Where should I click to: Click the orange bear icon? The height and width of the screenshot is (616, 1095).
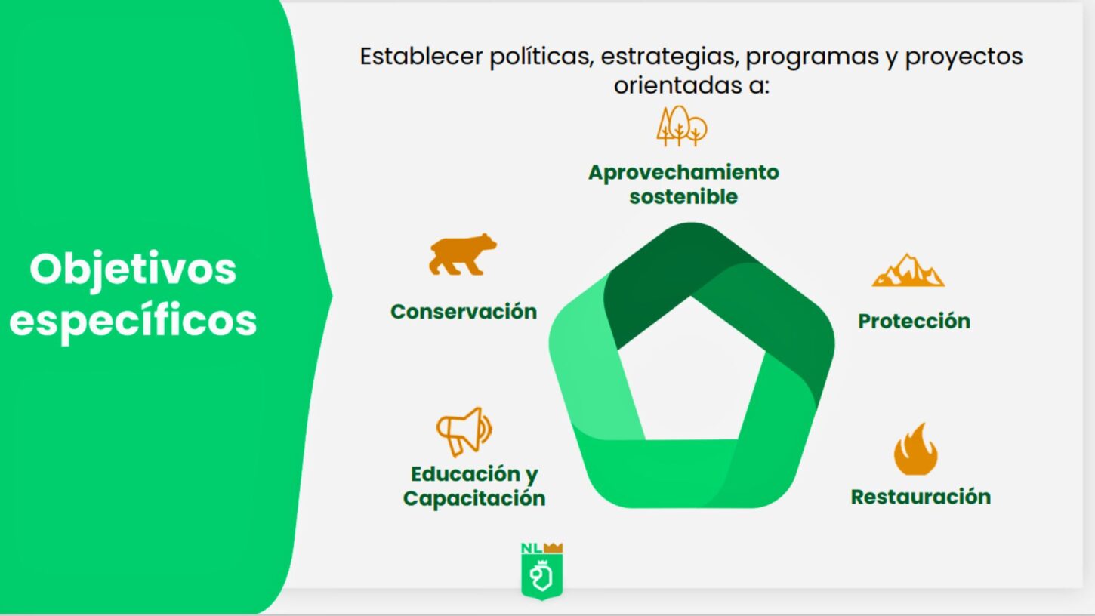coord(462,255)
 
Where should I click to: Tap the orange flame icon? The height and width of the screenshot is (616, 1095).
coord(915,449)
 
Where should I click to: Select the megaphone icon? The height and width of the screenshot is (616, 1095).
coord(464,432)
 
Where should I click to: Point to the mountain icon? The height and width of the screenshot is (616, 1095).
coord(908,270)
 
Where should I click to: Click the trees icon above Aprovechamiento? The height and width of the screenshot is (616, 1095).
coord(681,126)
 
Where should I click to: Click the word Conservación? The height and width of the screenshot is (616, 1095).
coord(464,312)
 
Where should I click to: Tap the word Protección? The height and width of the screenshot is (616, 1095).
coord(914,321)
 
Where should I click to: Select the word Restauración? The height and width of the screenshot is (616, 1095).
coord(921,496)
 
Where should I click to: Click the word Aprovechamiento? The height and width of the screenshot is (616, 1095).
coord(683,172)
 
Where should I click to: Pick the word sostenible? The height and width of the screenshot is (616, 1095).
coord(683,197)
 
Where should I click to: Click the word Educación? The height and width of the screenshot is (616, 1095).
coord(465,473)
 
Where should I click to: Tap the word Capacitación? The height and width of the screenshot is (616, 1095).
coord(474,499)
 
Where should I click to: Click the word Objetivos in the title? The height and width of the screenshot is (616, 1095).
coord(133,269)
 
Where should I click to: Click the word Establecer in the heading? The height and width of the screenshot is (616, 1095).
coord(421,56)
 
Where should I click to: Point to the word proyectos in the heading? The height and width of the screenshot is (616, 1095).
coord(964,57)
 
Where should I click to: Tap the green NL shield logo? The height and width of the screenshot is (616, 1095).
coord(541,571)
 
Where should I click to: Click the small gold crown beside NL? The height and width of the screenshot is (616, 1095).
coord(554,547)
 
